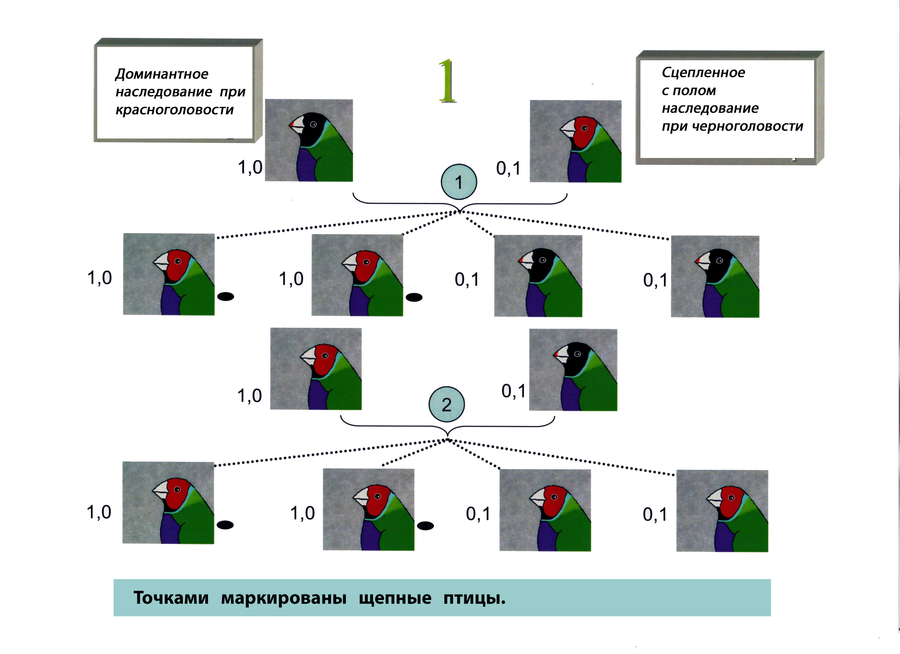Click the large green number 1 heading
pyautogui.click(x=447, y=81)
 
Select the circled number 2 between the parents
pyautogui.click(x=447, y=404)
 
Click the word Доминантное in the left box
pyautogui.click(x=162, y=74)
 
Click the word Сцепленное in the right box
pyautogui.click(x=703, y=73)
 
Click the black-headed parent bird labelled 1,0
pyautogui.click(x=309, y=141)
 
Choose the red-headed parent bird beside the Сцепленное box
pyautogui.click(x=575, y=141)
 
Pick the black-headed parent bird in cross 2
pyautogui.click(x=573, y=370)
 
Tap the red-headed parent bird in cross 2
pyautogui.click(x=316, y=369)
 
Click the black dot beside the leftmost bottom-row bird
pyautogui.click(x=225, y=525)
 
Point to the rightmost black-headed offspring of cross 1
pyautogui.click(x=715, y=276)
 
